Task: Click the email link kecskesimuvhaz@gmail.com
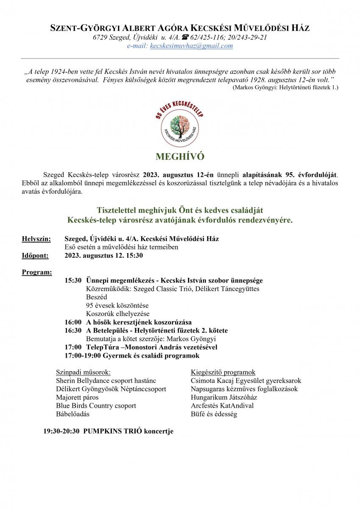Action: [191, 46]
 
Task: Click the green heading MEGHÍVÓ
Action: [180, 157]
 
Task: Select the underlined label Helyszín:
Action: [36, 239]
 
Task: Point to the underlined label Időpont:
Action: [35, 255]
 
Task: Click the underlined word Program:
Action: [37, 272]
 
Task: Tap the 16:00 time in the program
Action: [73, 322]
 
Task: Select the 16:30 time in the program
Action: [73, 330]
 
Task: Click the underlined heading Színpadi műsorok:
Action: [83, 372]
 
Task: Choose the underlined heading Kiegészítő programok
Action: [223, 372]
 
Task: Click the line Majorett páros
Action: [77, 397]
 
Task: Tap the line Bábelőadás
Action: [73, 414]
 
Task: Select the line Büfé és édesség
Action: [214, 414]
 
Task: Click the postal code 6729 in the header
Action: [100, 38]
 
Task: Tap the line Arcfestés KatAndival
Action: [222, 406]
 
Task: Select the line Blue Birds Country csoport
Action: [96, 406]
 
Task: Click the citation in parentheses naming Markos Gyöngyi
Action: [285, 87]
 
